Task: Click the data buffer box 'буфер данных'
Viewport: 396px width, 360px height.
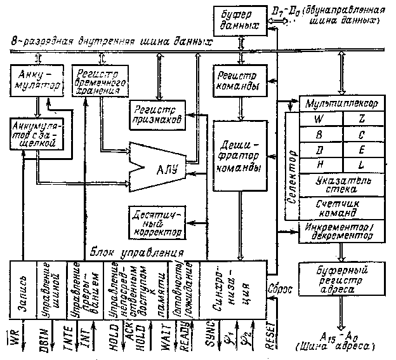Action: [240, 20]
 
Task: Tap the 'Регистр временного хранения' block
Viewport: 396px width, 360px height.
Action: [97, 81]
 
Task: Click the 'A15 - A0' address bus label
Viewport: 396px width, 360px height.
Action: [341, 337]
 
